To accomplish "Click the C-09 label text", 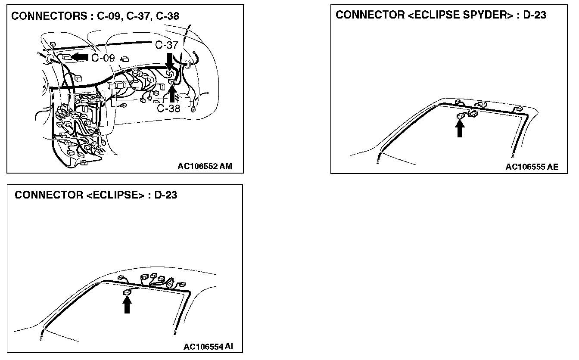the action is tap(103, 58).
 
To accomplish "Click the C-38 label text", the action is tap(168, 109).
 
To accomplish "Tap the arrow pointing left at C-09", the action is tap(80, 56).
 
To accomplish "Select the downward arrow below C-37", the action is tap(170, 60).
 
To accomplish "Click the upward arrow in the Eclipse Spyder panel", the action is tap(460, 128).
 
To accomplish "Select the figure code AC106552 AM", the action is tap(205, 167).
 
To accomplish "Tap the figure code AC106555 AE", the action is tap(532, 167).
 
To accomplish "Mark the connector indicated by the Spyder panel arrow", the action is tap(461, 115).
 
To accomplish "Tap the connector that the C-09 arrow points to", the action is tap(66, 56).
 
